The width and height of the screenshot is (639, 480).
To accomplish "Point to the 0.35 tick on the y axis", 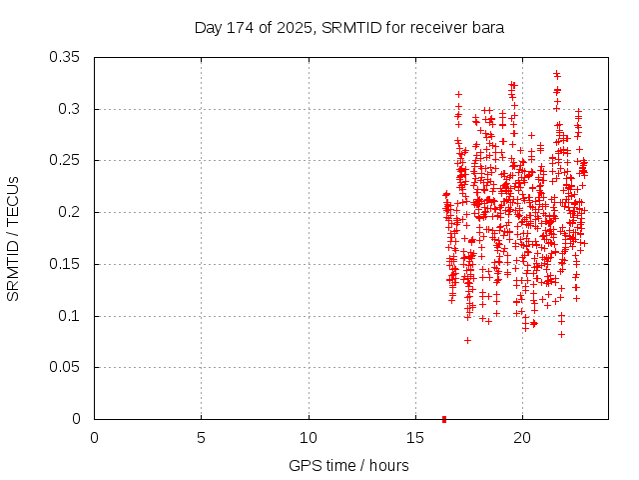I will tap(67, 57).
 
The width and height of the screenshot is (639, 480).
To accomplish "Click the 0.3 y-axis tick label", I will tap(71, 109).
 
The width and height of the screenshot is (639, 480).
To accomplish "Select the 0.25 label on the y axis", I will tap(67, 160).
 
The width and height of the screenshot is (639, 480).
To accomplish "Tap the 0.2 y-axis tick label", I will tap(71, 212).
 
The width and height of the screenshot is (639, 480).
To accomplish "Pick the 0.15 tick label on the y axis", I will tap(67, 264).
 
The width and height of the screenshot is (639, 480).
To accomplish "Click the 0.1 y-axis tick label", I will tap(71, 316).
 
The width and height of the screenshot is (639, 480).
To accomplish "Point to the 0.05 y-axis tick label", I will tap(67, 367).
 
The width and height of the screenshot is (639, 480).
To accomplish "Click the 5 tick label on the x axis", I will tap(201, 438).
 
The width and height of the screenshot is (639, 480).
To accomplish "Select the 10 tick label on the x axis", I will tap(309, 438).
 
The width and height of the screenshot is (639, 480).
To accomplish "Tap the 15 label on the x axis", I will tap(415, 438).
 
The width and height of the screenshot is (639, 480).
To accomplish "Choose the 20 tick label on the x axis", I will tap(522, 438).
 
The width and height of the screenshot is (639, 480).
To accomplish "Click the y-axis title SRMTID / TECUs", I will tap(14, 238).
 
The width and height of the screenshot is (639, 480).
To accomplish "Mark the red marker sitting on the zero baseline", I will tap(443, 419).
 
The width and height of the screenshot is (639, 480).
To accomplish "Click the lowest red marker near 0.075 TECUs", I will tap(467, 340).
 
